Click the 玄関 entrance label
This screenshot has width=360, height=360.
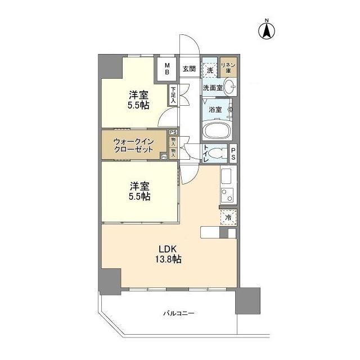(188, 69)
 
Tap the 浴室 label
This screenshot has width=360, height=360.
(214, 109)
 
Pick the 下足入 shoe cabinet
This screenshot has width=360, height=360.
(173, 95)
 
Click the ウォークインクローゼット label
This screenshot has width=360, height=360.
(134, 146)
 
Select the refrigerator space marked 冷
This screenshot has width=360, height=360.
(228, 217)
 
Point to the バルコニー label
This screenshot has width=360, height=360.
(179, 313)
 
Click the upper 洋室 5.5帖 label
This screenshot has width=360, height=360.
(138, 100)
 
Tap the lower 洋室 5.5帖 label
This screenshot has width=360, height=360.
(138, 191)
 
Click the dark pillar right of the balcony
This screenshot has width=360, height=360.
(247, 301)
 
